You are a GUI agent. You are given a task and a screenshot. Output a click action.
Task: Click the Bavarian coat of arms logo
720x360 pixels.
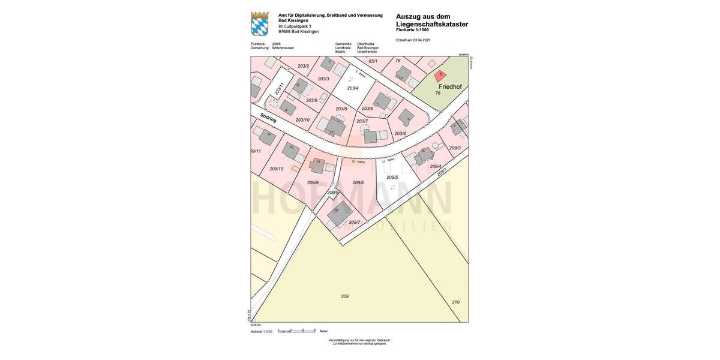[x=260, y=24]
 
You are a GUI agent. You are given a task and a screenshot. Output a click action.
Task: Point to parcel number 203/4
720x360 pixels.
[x=353, y=88]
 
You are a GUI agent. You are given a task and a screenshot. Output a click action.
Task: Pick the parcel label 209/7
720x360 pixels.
[x=355, y=222]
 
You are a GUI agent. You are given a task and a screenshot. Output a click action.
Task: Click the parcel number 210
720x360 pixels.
[x=455, y=302]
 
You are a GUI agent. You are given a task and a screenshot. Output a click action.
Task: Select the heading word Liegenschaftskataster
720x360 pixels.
[x=432, y=25]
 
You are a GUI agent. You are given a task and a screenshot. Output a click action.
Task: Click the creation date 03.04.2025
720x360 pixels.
[x=422, y=40]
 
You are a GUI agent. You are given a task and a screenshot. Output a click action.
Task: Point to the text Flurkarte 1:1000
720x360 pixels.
[x=412, y=30]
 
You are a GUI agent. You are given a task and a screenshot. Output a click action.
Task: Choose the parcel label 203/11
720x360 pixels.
[x=278, y=89]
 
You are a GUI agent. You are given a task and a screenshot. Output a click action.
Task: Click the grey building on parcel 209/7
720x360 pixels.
[x=340, y=213]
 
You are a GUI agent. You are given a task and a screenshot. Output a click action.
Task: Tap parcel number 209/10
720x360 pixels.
[x=277, y=169]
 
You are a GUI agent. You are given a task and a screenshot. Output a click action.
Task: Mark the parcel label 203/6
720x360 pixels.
[x=400, y=133]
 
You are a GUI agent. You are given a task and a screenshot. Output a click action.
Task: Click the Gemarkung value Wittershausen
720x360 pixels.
[x=283, y=48]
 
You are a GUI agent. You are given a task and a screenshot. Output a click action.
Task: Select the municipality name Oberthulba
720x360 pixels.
[x=365, y=44]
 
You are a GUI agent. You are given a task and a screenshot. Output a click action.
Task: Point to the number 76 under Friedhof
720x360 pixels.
[x=438, y=93]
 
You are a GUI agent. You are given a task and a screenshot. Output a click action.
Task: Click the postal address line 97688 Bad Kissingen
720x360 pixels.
[x=299, y=31]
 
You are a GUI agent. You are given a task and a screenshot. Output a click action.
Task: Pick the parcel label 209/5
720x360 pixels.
[x=392, y=177]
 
